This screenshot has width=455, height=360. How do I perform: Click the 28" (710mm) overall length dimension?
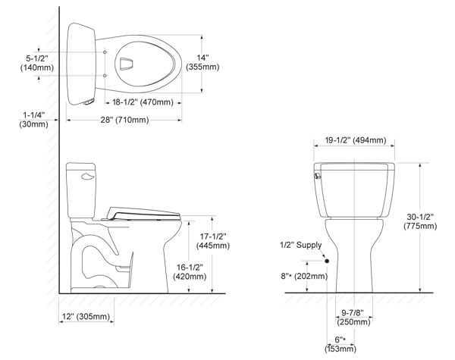tap(124, 120)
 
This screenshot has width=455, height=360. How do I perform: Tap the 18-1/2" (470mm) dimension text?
tap(143, 102)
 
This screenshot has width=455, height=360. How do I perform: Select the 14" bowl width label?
tap(202, 62)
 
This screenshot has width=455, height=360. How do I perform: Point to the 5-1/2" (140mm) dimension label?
tap(37, 63)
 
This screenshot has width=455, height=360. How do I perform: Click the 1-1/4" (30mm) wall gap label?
tap(34, 120)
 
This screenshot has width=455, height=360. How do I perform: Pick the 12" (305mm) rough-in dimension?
tap(86, 316)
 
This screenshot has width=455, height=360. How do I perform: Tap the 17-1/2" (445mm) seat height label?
tap(213, 241)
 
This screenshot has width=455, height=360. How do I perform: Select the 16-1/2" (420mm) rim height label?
tap(190, 272)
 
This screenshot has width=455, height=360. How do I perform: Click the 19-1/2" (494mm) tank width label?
tap(356, 140)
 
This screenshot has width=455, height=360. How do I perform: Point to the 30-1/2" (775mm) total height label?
tap(420, 221)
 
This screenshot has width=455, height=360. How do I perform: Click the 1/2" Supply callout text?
tap(300, 245)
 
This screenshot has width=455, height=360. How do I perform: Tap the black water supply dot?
tap(327, 261)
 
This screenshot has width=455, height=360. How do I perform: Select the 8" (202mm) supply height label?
tap(304, 276)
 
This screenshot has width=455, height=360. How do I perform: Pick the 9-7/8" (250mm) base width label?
tap(353, 317)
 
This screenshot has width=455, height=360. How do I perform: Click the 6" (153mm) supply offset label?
tap(340, 344)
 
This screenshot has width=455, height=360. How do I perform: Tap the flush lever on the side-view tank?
tap(88, 176)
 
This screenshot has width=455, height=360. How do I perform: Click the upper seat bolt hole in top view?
tap(105, 52)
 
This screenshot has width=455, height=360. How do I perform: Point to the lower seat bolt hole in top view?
tap(105, 76)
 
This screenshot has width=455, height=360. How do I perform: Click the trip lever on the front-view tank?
tap(318, 176)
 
